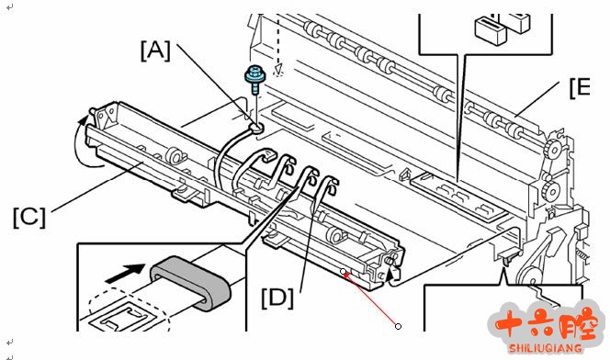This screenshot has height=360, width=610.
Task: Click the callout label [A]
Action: click(155, 51)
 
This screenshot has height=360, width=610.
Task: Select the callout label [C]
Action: click(29, 218)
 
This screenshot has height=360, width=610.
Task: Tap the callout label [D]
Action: click(277, 298)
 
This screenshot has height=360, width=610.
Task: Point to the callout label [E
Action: click(580, 88)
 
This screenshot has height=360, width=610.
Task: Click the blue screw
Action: click(254, 79)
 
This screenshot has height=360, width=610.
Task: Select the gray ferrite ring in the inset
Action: click(191, 283)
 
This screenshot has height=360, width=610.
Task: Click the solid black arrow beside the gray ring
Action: click(125, 274)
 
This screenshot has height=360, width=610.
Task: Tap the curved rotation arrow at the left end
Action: click(85, 142)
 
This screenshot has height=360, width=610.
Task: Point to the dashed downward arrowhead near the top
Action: click(278, 69)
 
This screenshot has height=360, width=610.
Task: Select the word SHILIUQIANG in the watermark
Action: click(545, 348)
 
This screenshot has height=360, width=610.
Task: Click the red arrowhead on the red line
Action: click(347, 276)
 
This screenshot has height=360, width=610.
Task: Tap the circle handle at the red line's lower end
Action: click(398, 326)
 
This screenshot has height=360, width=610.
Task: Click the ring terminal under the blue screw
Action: click(256, 127)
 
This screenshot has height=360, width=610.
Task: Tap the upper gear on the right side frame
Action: click(552, 149)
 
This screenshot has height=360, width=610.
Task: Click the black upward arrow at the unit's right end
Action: click(392, 272)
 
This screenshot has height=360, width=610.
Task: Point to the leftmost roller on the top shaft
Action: click(312, 28)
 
